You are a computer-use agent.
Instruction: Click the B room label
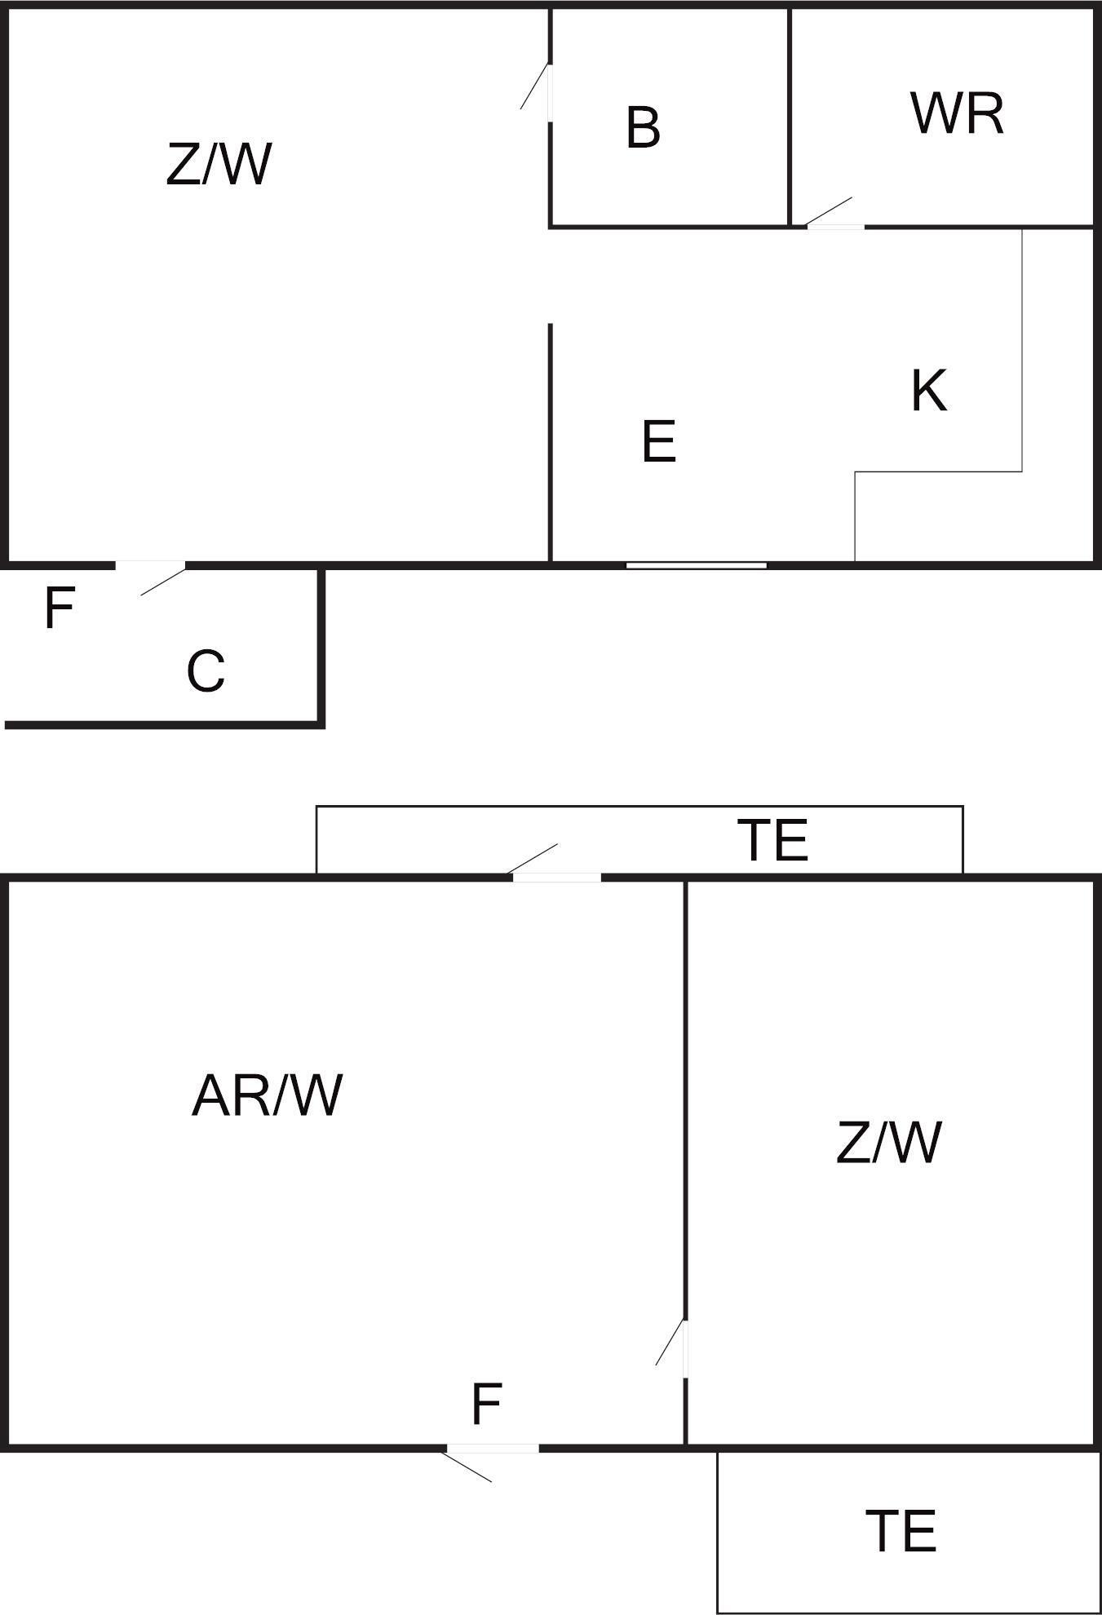pos(643,128)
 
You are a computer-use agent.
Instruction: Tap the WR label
pos(957,114)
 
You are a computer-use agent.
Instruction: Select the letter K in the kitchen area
pos(929,391)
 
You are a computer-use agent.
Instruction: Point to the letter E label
pos(659,441)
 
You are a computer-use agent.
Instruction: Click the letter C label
pos(206,671)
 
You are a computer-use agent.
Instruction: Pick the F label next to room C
pos(59,608)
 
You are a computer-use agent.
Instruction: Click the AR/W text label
pos(267,1095)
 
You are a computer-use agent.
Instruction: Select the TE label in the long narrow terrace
pos(772,841)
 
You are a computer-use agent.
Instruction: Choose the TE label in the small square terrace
pos(901,1531)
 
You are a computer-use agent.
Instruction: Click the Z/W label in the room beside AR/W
pos(888,1142)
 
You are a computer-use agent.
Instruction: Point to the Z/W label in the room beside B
pos(219,164)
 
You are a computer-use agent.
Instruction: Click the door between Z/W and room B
pos(548,93)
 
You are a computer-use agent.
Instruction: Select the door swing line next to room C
pos(162,582)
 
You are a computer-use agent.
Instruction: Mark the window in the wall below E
pos(696,564)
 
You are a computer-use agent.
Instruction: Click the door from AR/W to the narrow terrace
pos(556,876)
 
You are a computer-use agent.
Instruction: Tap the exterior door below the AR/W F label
pos(492,1449)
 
